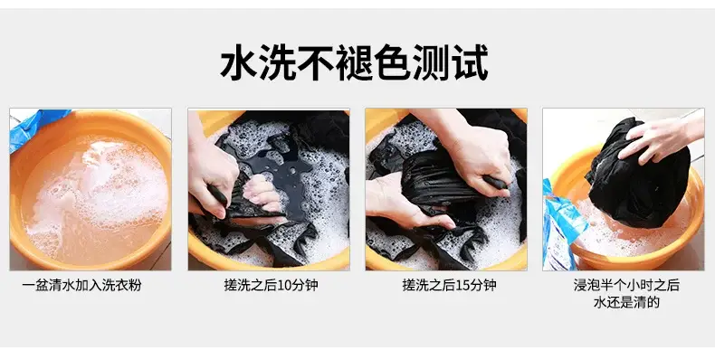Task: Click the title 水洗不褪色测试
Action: pos(354,62)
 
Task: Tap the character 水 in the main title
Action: pos(239,62)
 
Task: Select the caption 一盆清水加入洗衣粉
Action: pos(81,285)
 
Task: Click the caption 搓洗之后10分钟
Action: pos(271,285)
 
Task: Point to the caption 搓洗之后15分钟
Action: pos(449,285)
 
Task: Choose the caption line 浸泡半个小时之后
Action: pos(626,285)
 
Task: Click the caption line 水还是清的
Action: pos(626,302)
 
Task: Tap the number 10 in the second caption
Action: pos(283,286)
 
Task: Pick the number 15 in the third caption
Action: pos(462,286)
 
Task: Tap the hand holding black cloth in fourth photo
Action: pos(657,136)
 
